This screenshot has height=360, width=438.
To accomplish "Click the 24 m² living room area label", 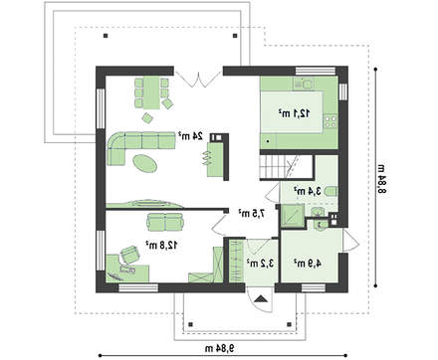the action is [190, 135].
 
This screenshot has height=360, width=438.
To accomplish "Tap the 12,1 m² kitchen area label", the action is [294, 113].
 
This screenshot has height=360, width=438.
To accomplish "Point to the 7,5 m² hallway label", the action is [252, 213].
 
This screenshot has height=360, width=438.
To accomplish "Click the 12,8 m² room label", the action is [161, 245].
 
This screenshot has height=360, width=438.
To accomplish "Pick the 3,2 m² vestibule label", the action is [260, 264].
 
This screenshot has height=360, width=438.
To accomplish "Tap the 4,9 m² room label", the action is [308, 264].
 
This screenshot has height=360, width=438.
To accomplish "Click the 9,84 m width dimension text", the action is [219, 348].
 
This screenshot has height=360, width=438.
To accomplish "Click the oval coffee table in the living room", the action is [144, 163].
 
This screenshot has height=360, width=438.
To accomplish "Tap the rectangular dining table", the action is [151, 92].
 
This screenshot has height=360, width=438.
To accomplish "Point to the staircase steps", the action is [273, 166].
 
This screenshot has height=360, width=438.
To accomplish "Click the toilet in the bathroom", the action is [330, 191].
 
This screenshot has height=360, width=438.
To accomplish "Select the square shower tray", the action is [293, 215].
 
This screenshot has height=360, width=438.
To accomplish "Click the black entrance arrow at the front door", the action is [261, 298].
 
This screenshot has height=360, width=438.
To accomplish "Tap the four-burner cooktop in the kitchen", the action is [330, 120].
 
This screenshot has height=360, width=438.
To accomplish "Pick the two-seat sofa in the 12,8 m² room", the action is [165, 222].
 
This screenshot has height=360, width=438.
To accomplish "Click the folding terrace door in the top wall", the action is [198, 79].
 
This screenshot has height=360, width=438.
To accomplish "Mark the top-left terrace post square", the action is [106, 36].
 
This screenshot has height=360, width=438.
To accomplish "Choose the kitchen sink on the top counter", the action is [309, 84].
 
